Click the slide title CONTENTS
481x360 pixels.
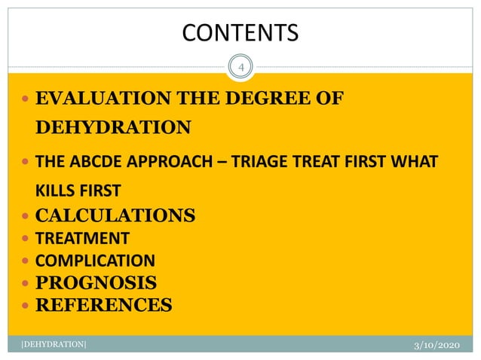(x=240, y=32)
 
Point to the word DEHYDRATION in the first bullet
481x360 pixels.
(x=114, y=127)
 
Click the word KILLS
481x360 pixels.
(x=59, y=188)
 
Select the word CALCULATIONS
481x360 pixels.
(x=116, y=215)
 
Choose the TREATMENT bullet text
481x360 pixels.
(x=83, y=239)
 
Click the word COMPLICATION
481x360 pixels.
(x=96, y=261)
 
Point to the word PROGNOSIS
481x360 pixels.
(x=97, y=283)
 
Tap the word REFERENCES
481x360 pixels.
(x=104, y=305)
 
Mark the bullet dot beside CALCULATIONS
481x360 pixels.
(x=26, y=216)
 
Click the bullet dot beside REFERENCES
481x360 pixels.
(x=26, y=306)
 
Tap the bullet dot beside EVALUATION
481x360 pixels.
(x=26, y=99)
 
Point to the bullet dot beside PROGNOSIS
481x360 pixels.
(x=26, y=284)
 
